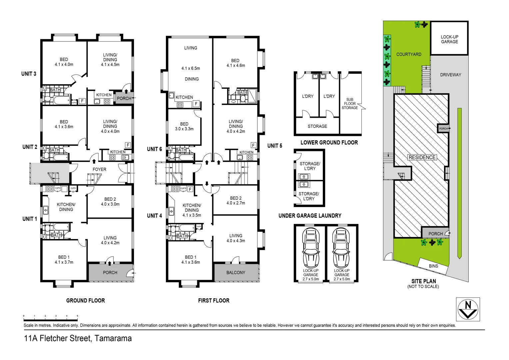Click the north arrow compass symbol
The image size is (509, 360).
click(x=468, y=309)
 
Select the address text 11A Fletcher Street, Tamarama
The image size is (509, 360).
click(x=78, y=338)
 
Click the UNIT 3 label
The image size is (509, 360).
click(x=29, y=74)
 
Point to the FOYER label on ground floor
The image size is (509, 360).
click(x=99, y=169)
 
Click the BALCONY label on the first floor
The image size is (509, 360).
click(x=236, y=272)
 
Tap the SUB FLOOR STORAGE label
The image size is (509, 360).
click(x=350, y=104)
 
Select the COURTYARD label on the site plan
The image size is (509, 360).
click(x=409, y=54)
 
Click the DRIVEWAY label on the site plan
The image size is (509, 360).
click(x=450, y=75)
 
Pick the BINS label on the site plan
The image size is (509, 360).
click(x=433, y=266)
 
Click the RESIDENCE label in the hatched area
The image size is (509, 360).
click(x=422, y=157)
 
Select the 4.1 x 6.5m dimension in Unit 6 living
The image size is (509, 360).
click(x=191, y=68)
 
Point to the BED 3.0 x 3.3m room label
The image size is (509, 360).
click(x=184, y=126)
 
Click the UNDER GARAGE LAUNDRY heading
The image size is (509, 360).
click(x=310, y=216)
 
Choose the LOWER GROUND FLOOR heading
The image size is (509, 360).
click(x=329, y=142)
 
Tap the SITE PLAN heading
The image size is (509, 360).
click(x=423, y=281)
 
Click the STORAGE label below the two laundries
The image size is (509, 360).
click(x=317, y=126)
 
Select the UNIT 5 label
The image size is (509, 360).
click(x=274, y=146)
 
